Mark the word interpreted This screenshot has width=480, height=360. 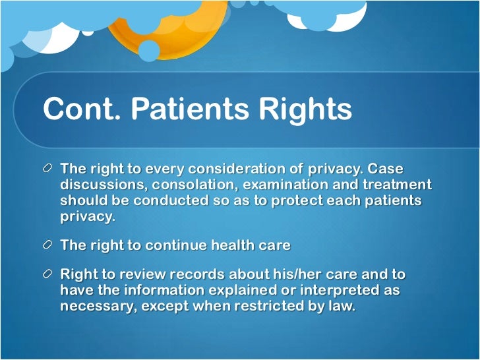click(x=335, y=290)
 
